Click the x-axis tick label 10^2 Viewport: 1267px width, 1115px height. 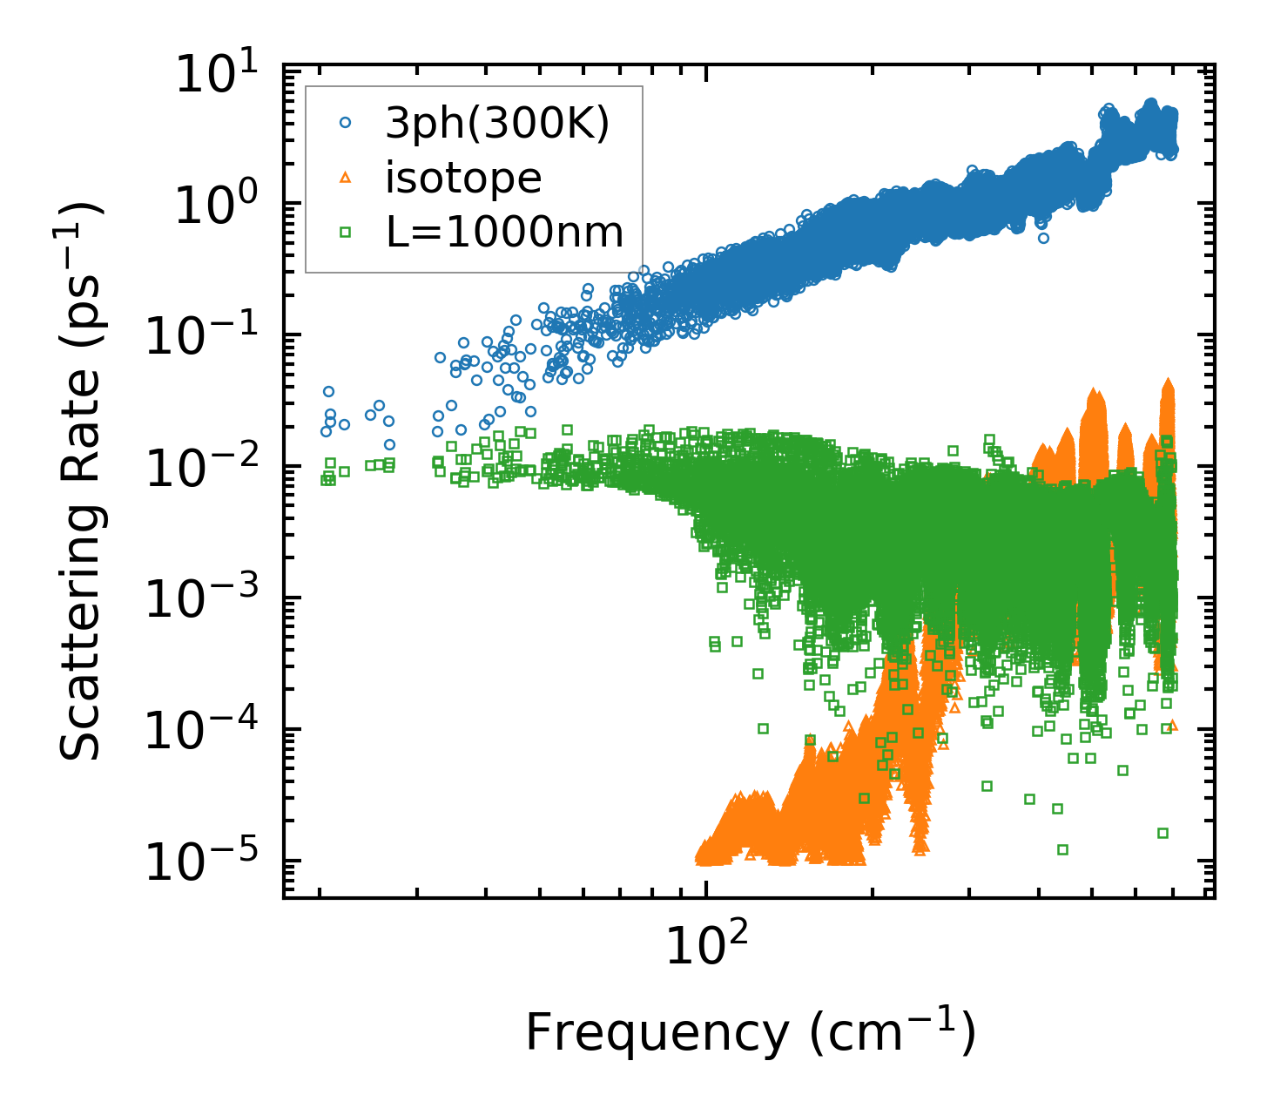(706, 946)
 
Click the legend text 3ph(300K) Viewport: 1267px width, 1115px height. (497, 124)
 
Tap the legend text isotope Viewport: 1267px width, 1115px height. (463, 179)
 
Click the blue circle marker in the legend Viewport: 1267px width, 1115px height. (345, 124)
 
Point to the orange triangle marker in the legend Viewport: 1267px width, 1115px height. (345, 179)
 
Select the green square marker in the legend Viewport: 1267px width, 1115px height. (345, 233)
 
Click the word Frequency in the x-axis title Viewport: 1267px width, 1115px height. (657, 1034)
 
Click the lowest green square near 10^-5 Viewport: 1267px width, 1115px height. (1062, 849)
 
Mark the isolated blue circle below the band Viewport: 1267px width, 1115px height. (1043, 238)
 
